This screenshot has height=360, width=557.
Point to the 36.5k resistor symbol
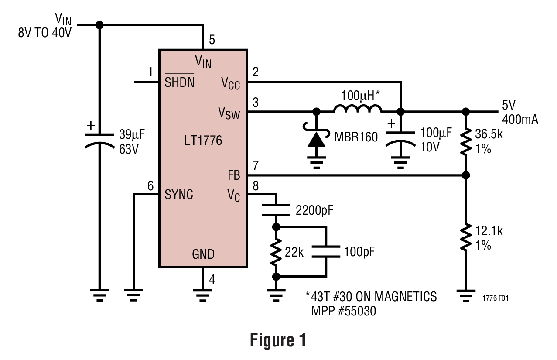click(x=466, y=142)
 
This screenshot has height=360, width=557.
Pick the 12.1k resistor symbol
click(x=466, y=237)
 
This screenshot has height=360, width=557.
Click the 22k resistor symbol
click(x=276, y=252)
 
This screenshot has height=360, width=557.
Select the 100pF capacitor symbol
click(x=326, y=252)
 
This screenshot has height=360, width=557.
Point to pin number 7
click(x=256, y=165)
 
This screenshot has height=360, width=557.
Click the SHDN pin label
click(x=179, y=82)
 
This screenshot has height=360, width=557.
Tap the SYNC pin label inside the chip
click(x=179, y=195)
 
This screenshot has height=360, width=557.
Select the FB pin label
click(x=233, y=176)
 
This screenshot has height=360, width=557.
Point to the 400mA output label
click(x=520, y=119)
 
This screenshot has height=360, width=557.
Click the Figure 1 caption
click(x=278, y=340)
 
